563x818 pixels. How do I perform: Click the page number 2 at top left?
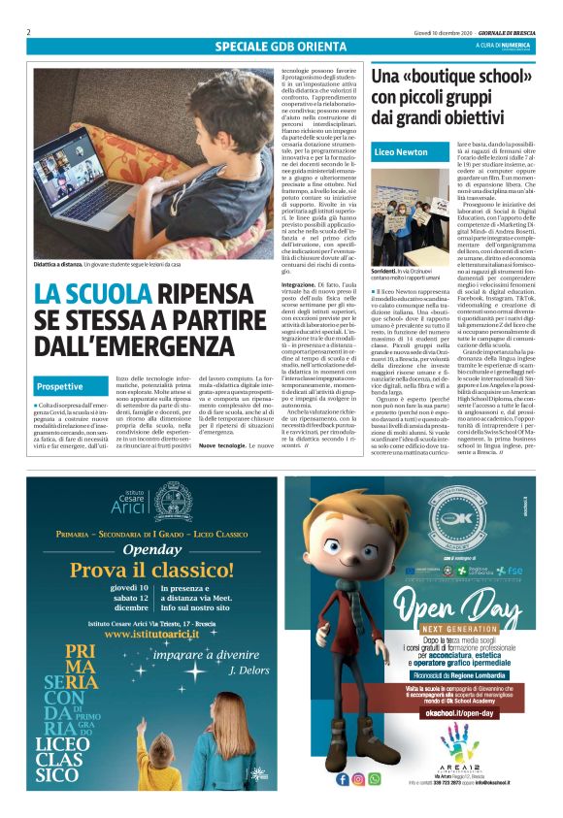point(29,31)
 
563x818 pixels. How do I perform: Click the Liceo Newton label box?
point(401,152)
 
